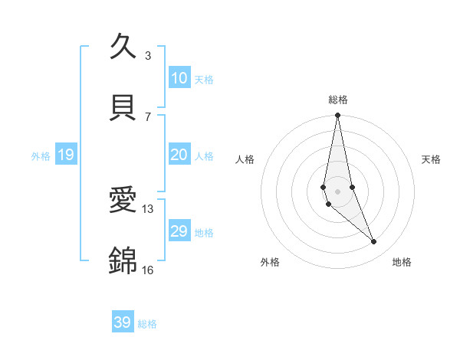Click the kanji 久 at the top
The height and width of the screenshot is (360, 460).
(x=123, y=47)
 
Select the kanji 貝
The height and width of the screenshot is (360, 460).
(x=123, y=107)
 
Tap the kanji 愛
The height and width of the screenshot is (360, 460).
(x=123, y=201)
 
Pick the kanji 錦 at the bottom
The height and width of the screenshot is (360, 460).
(x=123, y=260)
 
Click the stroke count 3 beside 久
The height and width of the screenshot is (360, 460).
(x=148, y=56)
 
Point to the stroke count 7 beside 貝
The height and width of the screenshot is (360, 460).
(x=148, y=116)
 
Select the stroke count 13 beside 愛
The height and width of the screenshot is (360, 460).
(x=148, y=209)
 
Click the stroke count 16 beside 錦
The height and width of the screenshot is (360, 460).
(x=148, y=270)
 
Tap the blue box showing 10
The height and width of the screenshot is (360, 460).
(x=179, y=78)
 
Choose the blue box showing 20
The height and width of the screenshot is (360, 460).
(x=179, y=155)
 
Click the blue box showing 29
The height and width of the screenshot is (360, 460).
(x=179, y=231)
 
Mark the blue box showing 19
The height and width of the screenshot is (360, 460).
(x=66, y=155)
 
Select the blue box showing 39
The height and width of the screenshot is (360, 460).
(x=123, y=322)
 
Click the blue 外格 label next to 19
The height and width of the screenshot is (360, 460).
(x=41, y=156)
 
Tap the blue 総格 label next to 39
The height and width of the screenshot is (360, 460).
(x=147, y=324)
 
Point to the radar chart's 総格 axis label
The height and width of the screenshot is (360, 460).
(x=338, y=100)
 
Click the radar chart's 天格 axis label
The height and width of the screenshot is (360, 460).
(x=431, y=159)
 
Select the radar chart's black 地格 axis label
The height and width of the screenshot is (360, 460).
(x=402, y=263)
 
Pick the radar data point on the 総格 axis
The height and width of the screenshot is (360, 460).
(x=337, y=116)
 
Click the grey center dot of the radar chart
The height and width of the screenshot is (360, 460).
(x=337, y=191)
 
